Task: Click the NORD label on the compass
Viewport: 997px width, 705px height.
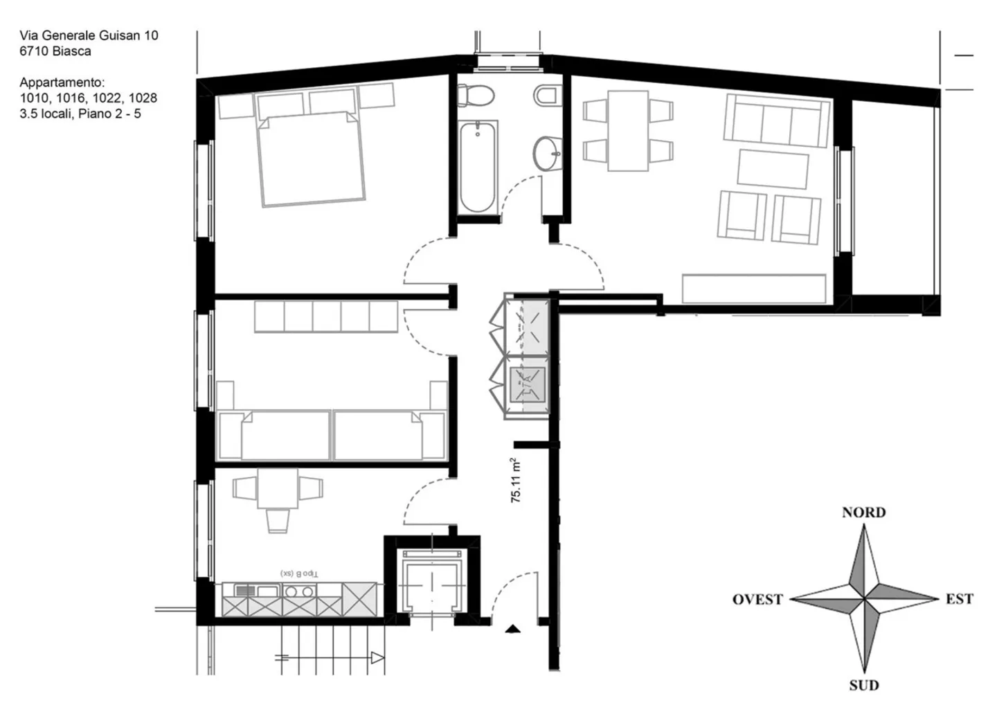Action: (863, 512)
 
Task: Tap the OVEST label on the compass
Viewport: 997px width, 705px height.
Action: (757, 599)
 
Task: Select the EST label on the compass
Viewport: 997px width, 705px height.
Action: (959, 598)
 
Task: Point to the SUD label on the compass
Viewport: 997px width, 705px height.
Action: (863, 685)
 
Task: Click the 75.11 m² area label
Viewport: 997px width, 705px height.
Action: (517, 480)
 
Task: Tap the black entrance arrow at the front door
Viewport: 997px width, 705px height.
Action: (512, 629)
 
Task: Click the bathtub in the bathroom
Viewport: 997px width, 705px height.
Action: (477, 167)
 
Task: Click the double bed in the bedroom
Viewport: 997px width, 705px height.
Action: (310, 158)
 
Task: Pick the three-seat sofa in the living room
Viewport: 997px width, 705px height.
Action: (776, 121)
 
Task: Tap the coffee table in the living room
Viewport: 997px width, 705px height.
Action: (773, 170)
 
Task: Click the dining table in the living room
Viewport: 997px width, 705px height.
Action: (628, 130)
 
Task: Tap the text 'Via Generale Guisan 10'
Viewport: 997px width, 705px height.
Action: (89, 35)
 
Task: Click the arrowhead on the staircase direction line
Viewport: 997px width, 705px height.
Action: (377, 657)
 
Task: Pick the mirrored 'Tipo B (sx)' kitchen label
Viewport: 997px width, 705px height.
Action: (299, 573)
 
